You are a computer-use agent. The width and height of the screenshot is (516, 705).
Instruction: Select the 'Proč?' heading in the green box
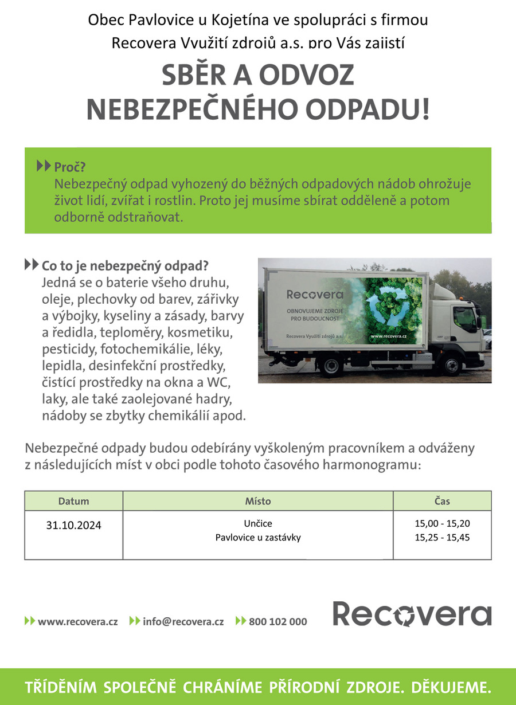coord(69,167)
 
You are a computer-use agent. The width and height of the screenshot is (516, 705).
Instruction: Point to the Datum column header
coord(73,501)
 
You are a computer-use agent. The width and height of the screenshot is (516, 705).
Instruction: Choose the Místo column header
coord(257,501)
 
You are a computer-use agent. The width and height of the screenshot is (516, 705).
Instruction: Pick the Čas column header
coord(442,501)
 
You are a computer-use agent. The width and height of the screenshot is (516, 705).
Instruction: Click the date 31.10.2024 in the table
coord(73,525)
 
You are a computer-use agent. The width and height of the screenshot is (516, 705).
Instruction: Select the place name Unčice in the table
coord(257,523)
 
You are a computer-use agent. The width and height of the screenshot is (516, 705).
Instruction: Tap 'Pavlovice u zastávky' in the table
coord(257,538)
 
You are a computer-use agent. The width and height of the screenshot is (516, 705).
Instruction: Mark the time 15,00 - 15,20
coord(442,523)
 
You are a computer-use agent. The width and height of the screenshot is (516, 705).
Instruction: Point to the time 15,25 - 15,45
coord(442,538)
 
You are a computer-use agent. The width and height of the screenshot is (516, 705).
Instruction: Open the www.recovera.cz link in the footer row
coord(77,621)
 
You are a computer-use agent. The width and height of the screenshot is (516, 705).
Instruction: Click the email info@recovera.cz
coord(183,621)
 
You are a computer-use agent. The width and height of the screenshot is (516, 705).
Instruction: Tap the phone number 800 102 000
coord(277,621)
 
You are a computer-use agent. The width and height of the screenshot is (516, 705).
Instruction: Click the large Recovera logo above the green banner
coord(412,614)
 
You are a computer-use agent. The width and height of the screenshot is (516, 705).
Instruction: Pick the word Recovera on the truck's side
coord(314,295)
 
